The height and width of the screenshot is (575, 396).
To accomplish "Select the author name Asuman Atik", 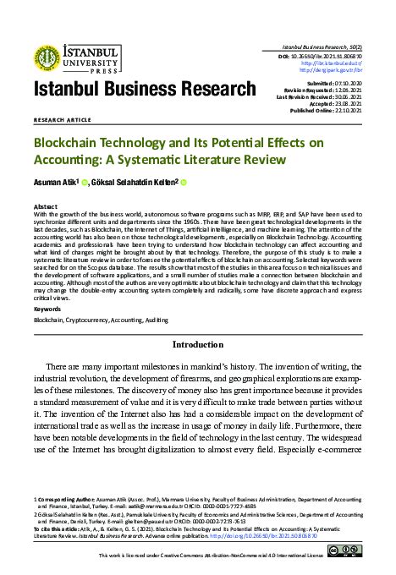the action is pos(55,180).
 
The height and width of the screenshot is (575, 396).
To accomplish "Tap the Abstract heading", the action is pos(45,205).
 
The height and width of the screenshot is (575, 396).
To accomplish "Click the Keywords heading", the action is pos(47,309).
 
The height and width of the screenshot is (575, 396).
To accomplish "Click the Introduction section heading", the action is pos(197,346).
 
